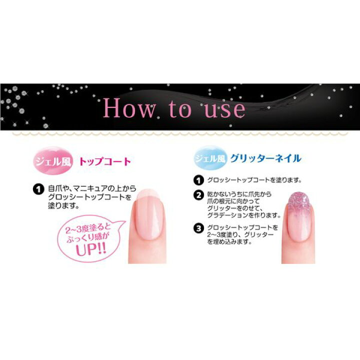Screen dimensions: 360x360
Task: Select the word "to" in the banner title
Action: point(180,108)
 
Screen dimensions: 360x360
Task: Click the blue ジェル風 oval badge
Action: point(210,158)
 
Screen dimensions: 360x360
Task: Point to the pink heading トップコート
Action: point(105,161)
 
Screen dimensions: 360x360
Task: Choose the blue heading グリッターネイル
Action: point(265,158)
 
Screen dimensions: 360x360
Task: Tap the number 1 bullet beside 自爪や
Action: point(38,189)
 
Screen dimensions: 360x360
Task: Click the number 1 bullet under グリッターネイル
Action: point(198,180)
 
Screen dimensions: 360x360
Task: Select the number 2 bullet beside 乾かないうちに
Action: point(198,194)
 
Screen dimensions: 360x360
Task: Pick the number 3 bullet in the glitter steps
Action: point(198,228)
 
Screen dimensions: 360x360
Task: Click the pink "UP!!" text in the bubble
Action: point(91,249)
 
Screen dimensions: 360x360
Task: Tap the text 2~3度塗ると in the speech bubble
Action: point(88,228)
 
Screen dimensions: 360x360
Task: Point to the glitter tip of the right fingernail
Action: point(298,202)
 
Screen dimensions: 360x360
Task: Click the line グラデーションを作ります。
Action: point(244,215)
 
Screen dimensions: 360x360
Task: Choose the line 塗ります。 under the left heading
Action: point(63,205)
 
